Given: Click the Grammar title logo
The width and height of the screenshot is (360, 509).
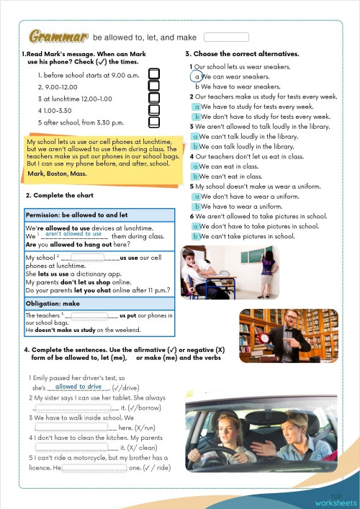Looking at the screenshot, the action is [x=58, y=36].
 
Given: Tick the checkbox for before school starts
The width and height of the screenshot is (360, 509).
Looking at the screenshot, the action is [x=153, y=74].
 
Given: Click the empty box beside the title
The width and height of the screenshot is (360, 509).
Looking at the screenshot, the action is [x=226, y=37].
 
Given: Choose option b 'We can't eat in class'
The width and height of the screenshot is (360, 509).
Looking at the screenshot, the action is [x=197, y=176].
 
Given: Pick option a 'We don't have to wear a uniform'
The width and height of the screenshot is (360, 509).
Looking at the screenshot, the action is [x=197, y=196].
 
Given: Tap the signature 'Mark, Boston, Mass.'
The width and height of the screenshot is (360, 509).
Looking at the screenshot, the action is [x=57, y=174].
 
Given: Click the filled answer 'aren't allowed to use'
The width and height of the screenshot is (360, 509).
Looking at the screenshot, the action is [x=73, y=234].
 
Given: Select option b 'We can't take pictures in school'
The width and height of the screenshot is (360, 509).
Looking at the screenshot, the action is [x=197, y=235].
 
